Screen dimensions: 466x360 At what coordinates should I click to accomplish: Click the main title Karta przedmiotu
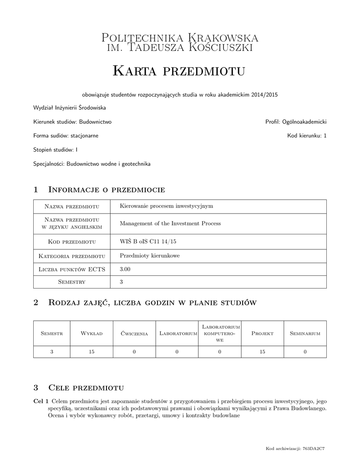(179, 71)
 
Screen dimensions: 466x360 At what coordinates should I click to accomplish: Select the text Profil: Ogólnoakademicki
(296, 122)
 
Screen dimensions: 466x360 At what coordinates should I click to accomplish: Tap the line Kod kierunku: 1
(307, 136)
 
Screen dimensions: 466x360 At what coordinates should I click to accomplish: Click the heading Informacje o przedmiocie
(106, 189)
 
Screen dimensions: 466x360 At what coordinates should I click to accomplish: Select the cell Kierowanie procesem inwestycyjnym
(166, 206)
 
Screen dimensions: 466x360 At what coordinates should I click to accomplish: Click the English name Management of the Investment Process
(170, 223)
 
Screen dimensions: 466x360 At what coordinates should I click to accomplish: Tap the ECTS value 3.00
(125, 269)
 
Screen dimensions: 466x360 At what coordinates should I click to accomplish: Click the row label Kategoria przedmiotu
(72, 256)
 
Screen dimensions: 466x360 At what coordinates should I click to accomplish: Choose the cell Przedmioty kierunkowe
(149, 255)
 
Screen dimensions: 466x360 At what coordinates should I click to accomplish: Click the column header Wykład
(91, 333)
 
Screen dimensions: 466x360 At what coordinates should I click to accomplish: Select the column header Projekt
(262, 333)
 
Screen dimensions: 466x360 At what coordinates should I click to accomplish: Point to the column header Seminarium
(305, 333)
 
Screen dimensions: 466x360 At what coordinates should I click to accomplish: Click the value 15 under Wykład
(91, 351)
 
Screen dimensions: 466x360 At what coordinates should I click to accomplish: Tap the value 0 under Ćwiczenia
(134, 351)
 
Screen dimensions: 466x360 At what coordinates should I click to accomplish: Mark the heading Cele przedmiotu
(86, 388)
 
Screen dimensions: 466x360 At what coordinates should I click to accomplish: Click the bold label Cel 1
(41, 401)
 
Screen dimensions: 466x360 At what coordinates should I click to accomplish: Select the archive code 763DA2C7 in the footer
(314, 449)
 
